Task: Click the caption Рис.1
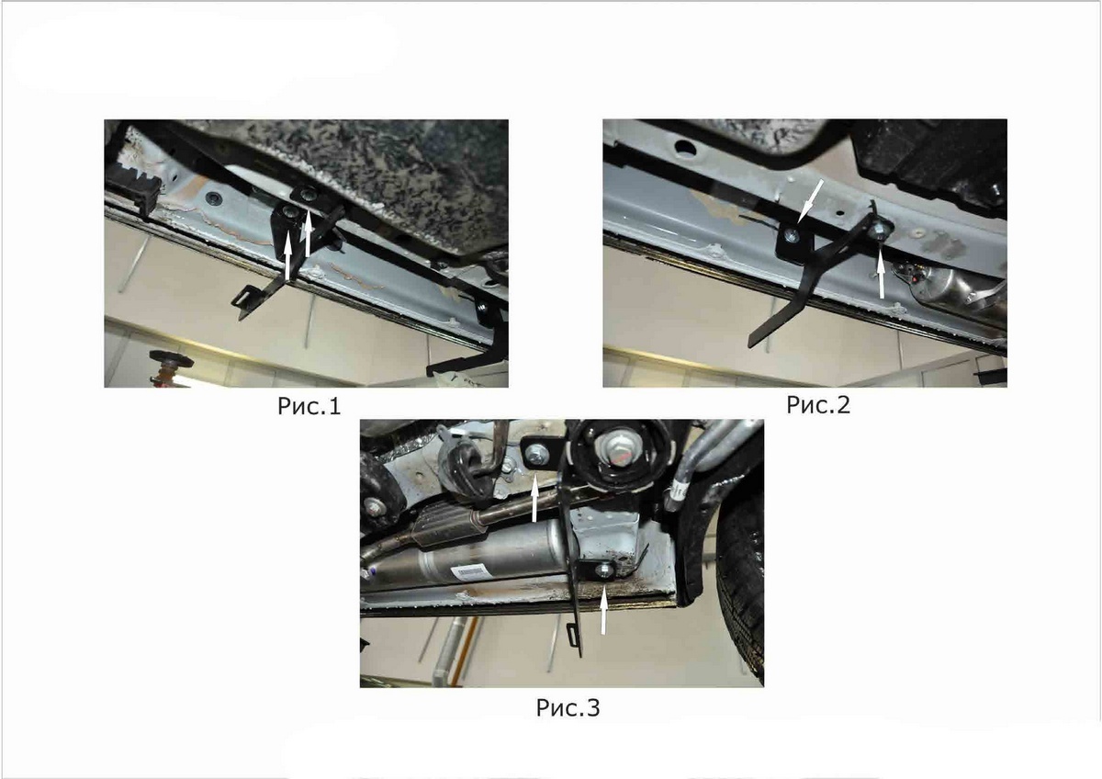pyautogui.click(x=309, y=406)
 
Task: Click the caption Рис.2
pyautogui.click(x=818, y=404)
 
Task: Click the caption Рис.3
pyautogui.click(x=568, y=707)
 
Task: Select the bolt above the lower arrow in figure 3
pyautogui.click(x=603, y=570)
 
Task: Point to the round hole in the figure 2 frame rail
pyautogui.click(x=682, y=145)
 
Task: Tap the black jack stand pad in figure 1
pyautogui.click(x=172, y=357)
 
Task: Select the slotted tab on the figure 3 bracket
pyautogui.click(x=573, y=635)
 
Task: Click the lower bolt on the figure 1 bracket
pyautogui.click(x=288, y=212)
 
